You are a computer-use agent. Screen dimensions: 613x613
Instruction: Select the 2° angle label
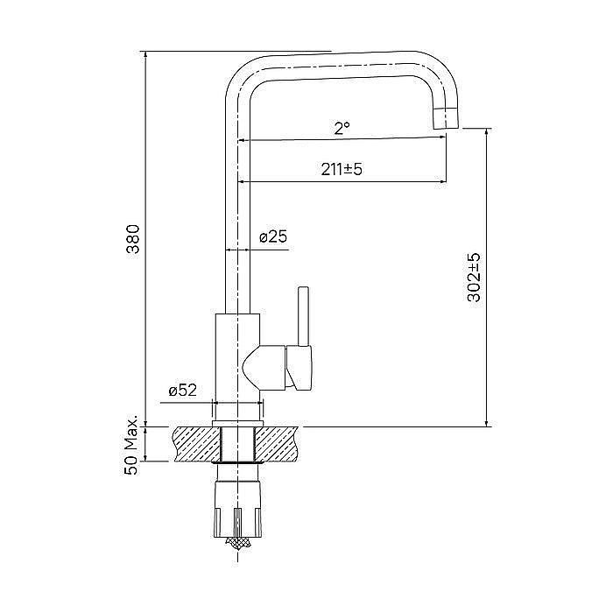point(342,128)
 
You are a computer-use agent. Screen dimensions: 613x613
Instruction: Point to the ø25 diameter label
point(273,236)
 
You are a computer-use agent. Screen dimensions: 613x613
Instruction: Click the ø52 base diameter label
point(181,391)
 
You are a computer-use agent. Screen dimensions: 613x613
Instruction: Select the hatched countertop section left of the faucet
point(194,443)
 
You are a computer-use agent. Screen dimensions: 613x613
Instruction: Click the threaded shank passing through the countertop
point(237,443)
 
